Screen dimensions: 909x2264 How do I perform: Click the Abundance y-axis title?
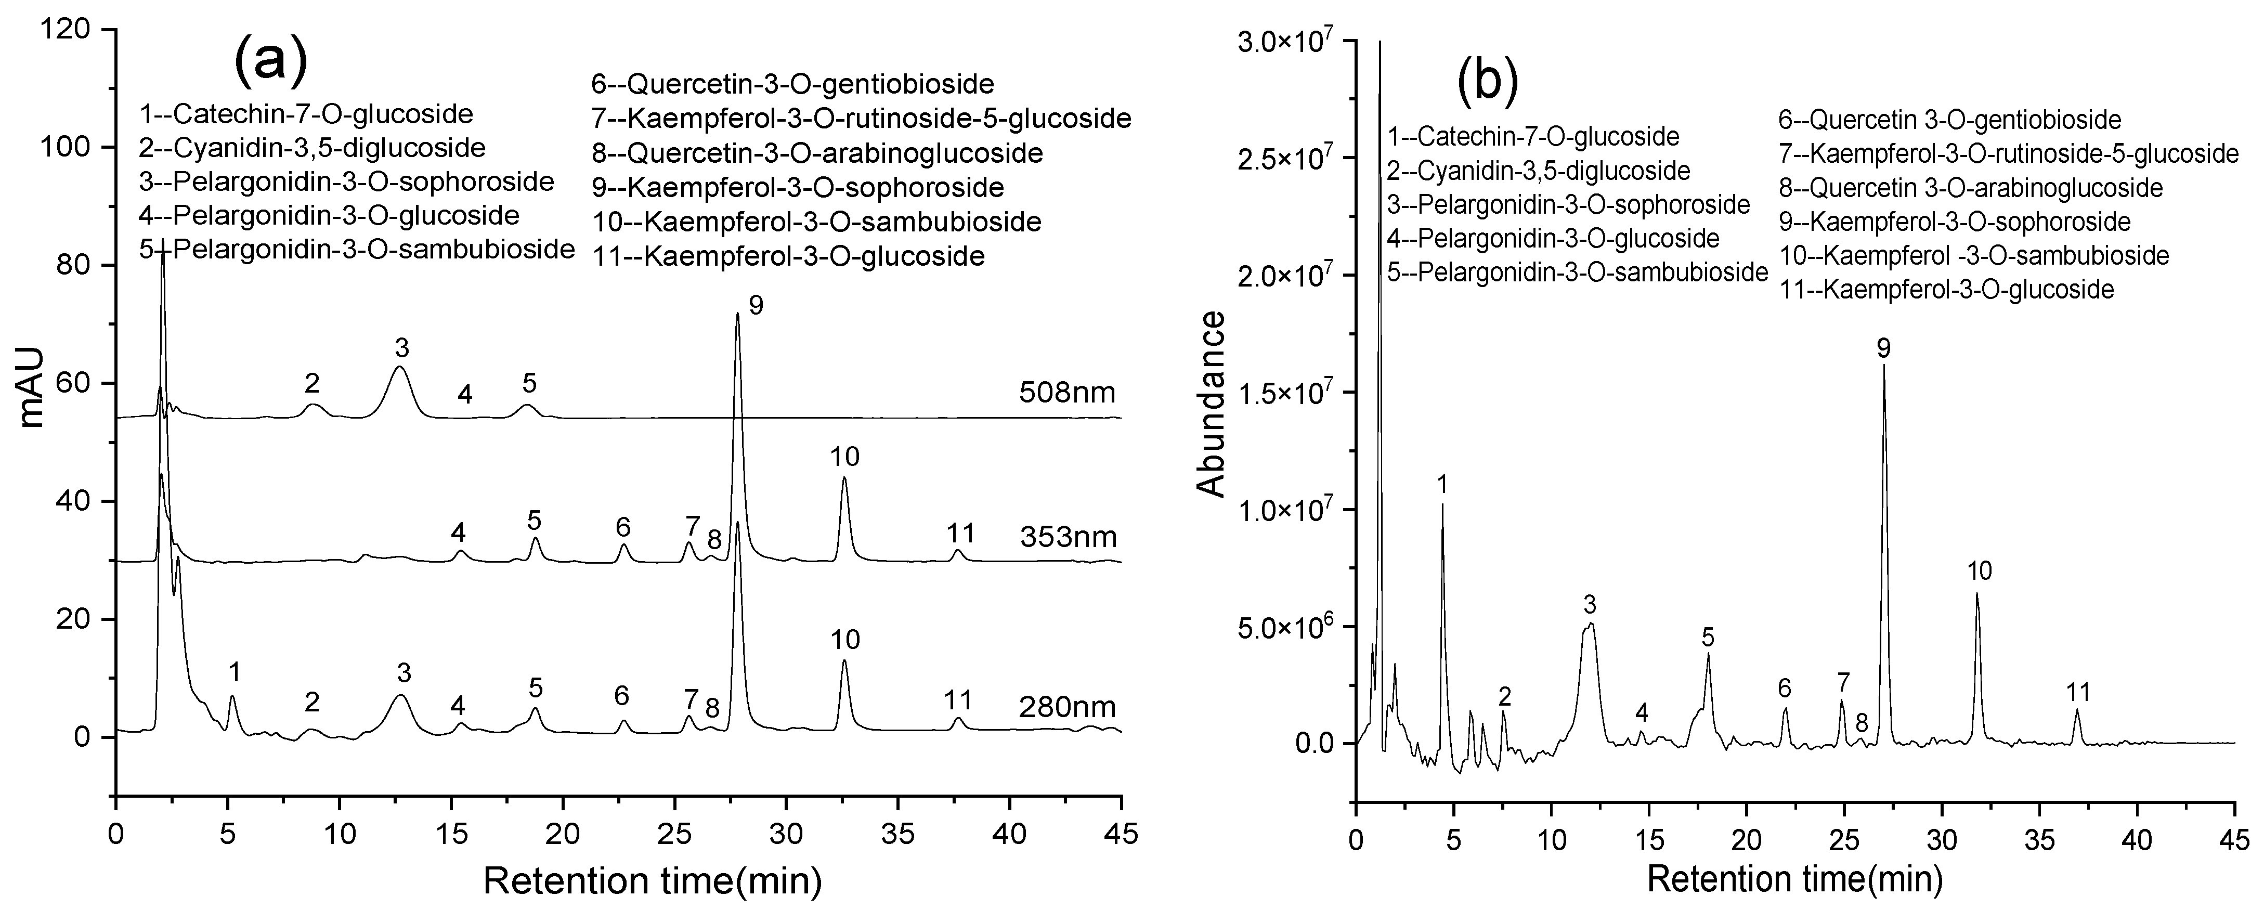pos(1212,405)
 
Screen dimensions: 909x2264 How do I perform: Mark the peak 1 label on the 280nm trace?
pos(234,672)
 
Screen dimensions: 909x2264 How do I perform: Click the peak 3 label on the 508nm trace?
pos(401,349)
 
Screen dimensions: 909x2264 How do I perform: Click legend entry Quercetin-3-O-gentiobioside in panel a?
pos(793,84)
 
